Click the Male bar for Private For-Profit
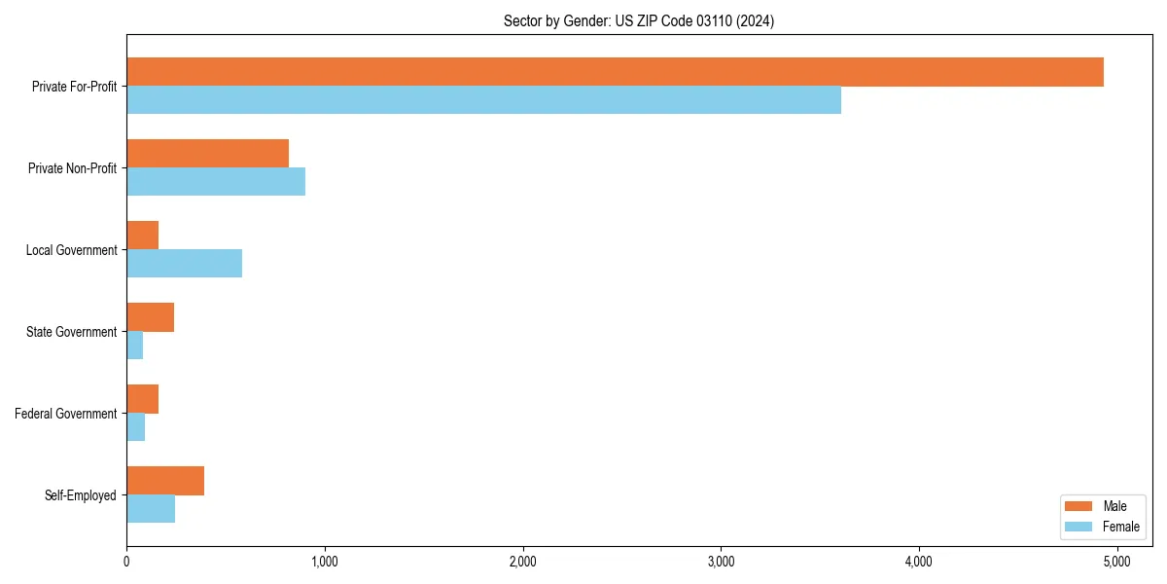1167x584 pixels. coord(615,72)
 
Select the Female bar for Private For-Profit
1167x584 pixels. coord(483,100)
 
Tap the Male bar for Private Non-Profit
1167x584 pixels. coord(207,154)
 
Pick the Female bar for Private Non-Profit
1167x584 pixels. coord(216,182)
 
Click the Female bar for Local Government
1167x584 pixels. coord(184,264)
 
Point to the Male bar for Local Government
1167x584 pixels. coord(142,236)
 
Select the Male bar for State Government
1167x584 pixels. coord(150,317)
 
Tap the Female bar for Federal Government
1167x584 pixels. coord(135,427)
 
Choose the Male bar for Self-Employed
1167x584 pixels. coord(165,481)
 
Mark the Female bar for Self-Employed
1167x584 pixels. coord(151,509)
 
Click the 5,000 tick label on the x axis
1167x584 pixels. coord(1117,562)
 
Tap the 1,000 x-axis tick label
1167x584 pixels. coord(325,562)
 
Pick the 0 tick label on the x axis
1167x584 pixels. coord(126,562)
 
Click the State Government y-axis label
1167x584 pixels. coord(71,332)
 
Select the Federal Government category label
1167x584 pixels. coord(66,414)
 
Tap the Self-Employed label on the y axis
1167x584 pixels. coord(81,495)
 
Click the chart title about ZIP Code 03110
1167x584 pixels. coord(639,20)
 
